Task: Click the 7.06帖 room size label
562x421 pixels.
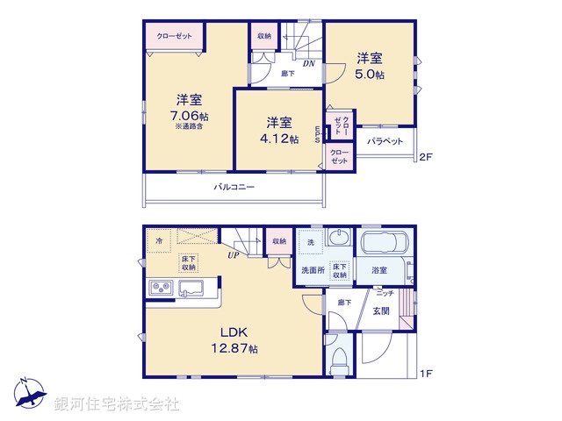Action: point(190,116)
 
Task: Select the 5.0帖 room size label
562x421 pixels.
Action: point(370,75)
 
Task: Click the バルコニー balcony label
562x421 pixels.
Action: point(234,187)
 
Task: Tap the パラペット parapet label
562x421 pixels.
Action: point(385,141)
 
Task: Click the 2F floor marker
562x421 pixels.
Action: point(426,158)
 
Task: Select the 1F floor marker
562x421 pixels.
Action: point(426,374)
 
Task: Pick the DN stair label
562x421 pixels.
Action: point(309,64)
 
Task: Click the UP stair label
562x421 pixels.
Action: point(234,255)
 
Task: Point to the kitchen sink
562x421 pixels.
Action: point(191,288)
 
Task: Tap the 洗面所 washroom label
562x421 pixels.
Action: point(312,270)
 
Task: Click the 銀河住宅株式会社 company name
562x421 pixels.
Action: point(117,403)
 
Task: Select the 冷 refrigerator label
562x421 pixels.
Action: point(159,239)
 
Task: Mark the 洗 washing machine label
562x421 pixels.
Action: point(310,241)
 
